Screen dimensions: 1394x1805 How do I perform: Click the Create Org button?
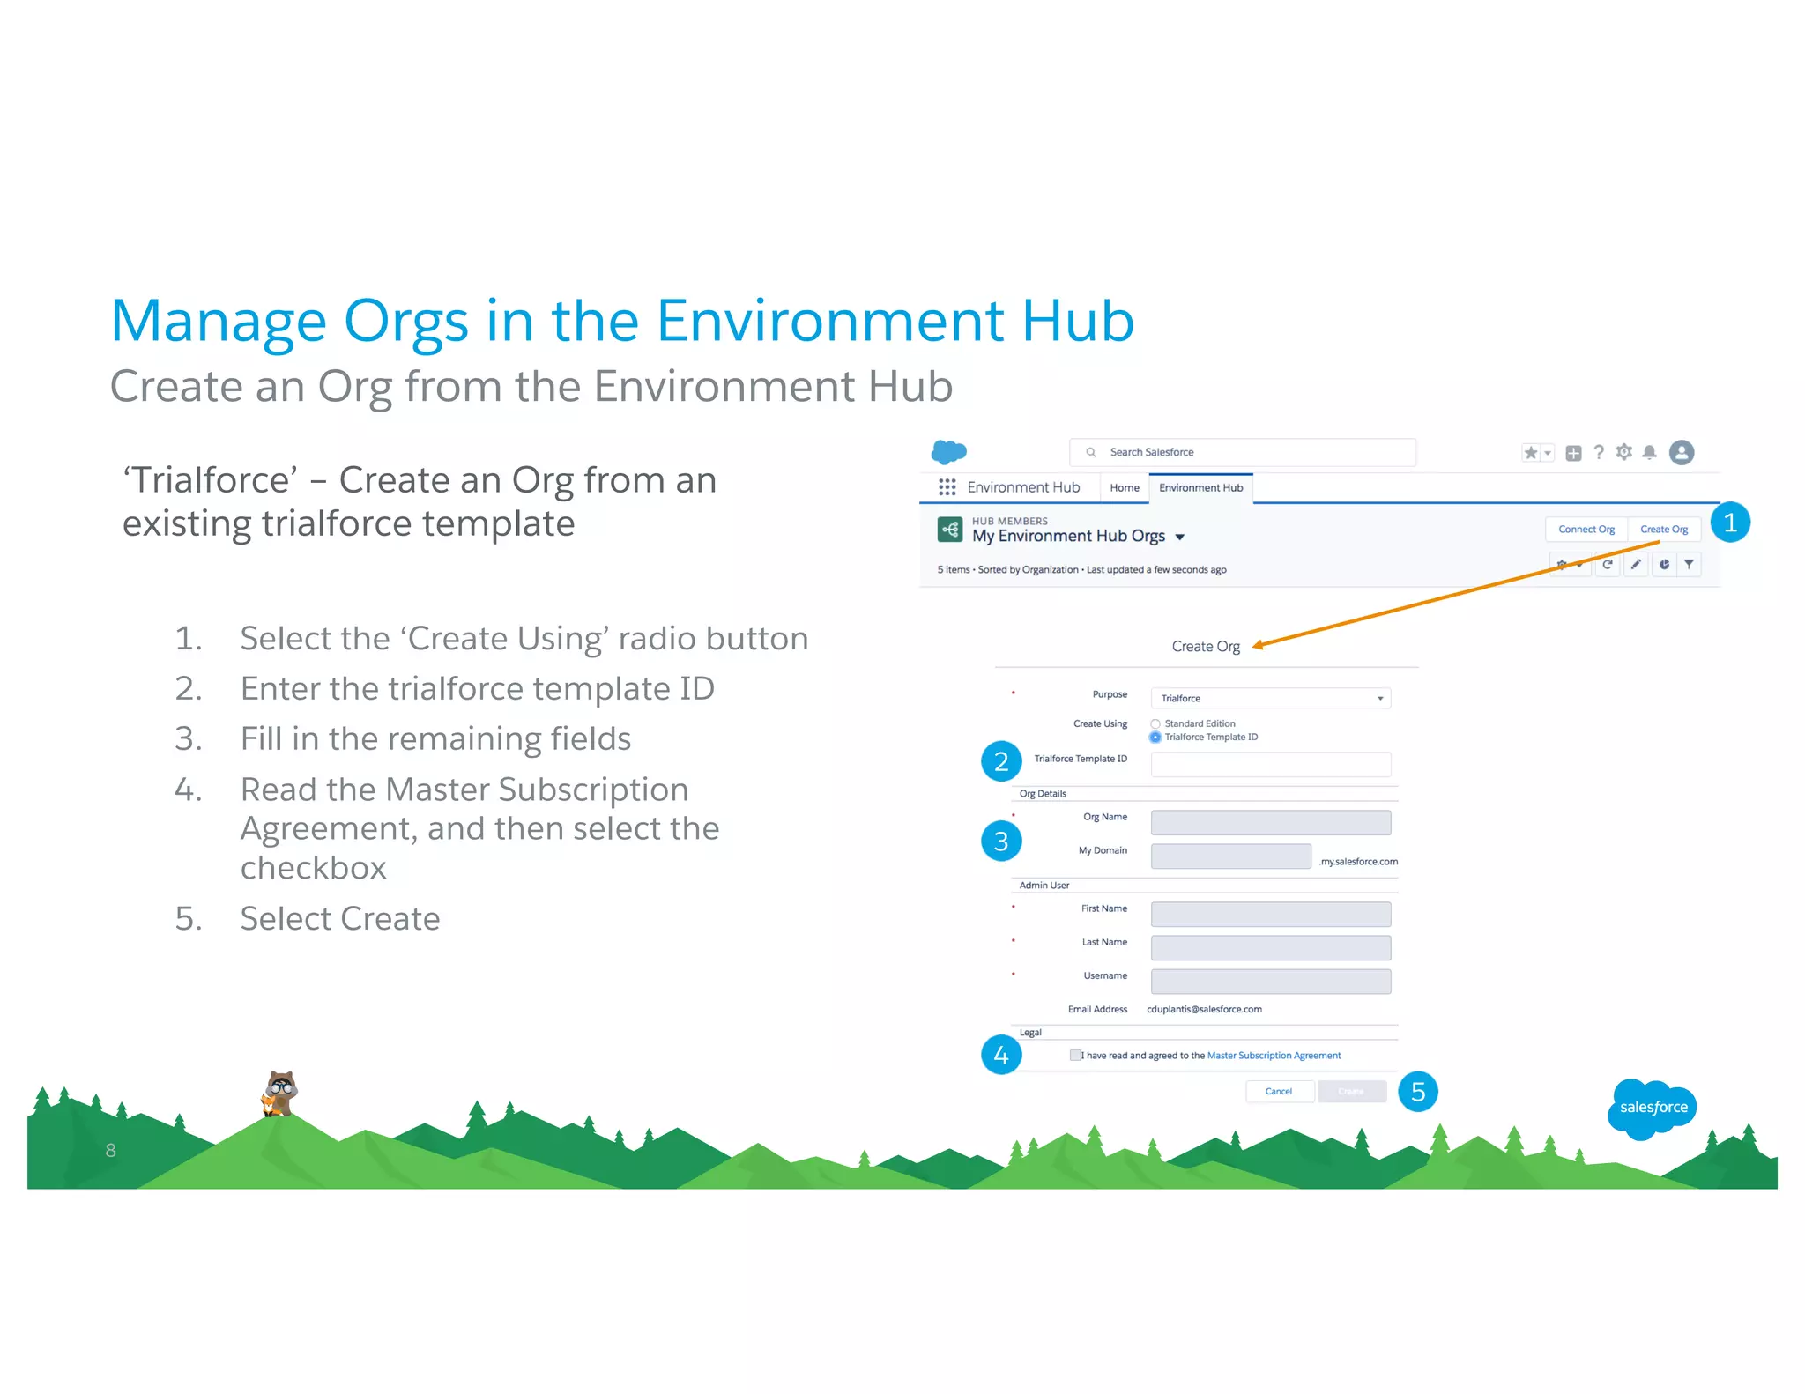pyautogui.click(x=1663, y=530)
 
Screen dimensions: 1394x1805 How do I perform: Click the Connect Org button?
pyautogui.click(x=1586, y=530)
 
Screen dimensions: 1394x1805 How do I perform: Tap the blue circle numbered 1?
pyautogui.click(x=1729, y=523)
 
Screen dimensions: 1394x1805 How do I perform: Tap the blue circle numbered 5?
pyautogui.click(x=1417, y=1092)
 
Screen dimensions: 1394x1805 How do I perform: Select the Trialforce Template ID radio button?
pyautogui.click(x=1155, y=738)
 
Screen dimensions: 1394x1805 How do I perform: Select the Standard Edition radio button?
pyautogui.click(x=1155, y=724)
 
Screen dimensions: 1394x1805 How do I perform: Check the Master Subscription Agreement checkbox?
pyautogui.click(x=1074, y=1055)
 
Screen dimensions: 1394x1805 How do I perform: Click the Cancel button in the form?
pyautogui.click(x=1278, y=1092)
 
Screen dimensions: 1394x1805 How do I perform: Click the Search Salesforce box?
pyautogui.click(x=1243, y=452)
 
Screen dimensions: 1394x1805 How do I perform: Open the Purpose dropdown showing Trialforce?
pyautogui.click(x=1270, y=698)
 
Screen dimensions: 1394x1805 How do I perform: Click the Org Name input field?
pyautogui.click(x=1270, y=822)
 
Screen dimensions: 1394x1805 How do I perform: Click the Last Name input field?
pyautogui.click(x=1270, y=948)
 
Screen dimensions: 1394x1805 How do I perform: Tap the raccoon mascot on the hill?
pyautogui.click(x=280, y=1093)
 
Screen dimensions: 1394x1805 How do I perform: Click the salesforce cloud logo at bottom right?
pyautogui.click(x=1653, y=1108)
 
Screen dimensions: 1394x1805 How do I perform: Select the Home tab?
pyautogui.click(x=1124, y=488)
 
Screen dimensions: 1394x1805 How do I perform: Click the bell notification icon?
pyautogui.click(x=1649, y=452)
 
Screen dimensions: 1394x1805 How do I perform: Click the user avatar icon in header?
pyautogui.click(x=1681, y=452)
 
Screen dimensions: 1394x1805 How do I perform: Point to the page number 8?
pyautogui.click(x=110, y=1150)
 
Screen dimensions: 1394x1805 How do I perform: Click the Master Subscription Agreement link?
pyautogui.click(x=1274, y=1056)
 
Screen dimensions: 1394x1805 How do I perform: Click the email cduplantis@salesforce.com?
pyautogui.click(x=1204, y=1010)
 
